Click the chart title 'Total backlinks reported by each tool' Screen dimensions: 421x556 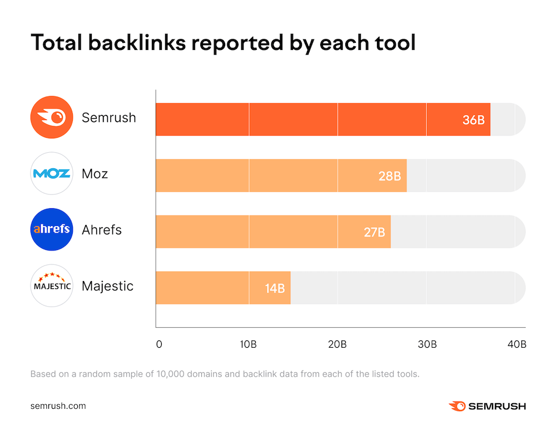point(223,43)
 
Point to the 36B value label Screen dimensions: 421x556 point(474,120)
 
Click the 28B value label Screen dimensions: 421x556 point(390,176)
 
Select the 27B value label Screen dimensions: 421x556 point(374,232)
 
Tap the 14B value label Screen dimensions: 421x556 point(274,288)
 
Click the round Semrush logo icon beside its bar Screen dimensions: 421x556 point(52,117)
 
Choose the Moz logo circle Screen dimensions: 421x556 point(52,173)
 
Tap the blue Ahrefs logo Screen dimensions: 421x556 point(52,229)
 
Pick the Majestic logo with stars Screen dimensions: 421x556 point(52,285)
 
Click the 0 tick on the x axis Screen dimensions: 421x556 point(159,344)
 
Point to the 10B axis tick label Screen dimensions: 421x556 point(249,344)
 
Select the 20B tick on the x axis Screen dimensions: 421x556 point(337,344)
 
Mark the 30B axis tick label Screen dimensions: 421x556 point(426,344)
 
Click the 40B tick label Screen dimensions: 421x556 point(517,344)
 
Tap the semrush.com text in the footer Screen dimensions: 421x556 point(58,405)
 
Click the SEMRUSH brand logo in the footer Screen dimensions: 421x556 point(487,406)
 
